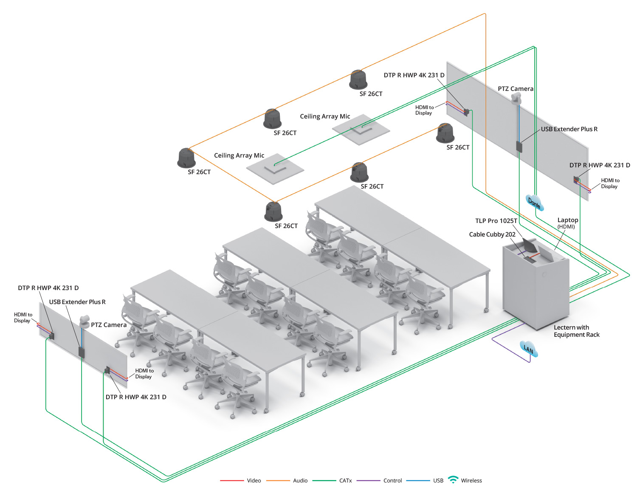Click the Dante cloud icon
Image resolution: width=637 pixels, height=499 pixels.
point(535,202)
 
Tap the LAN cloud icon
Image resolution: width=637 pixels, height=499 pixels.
point(528,349)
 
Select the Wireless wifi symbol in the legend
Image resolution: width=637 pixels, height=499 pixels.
point(453,479)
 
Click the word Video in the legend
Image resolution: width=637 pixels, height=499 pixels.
point(254,481)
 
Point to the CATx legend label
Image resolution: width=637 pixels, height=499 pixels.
point(345,481)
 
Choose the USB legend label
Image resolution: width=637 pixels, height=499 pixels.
point(438,481)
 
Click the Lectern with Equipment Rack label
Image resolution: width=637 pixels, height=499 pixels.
point(576,331)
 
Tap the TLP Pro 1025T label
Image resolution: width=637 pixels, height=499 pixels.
point(496,221)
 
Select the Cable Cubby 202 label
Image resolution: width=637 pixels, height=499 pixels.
point(492,234)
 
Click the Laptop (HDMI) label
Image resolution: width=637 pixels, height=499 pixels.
point(567,223)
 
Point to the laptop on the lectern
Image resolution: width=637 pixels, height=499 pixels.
point(547,254)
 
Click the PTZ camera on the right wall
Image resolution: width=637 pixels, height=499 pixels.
point(516,99)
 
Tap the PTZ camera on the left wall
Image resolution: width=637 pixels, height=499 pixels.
point(85,321)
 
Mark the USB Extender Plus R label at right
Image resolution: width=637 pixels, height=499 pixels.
point(569,129)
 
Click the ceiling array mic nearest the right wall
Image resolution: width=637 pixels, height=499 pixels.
point(361,129)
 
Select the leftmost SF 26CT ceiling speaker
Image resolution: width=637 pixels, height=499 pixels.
point(186,158)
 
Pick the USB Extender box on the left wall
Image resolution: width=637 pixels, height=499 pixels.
point(82,352)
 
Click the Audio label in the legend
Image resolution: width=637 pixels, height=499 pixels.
point(300,481)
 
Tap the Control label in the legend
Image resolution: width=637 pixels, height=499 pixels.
point(392,481)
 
